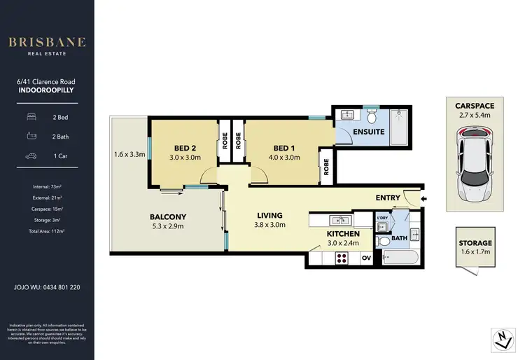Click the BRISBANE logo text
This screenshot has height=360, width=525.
click(47, 43)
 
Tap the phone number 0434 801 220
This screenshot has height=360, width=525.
click(61, 287)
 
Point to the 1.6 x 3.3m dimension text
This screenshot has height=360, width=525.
click(129, 155)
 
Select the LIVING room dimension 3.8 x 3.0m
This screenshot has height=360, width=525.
click(269, 225)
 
